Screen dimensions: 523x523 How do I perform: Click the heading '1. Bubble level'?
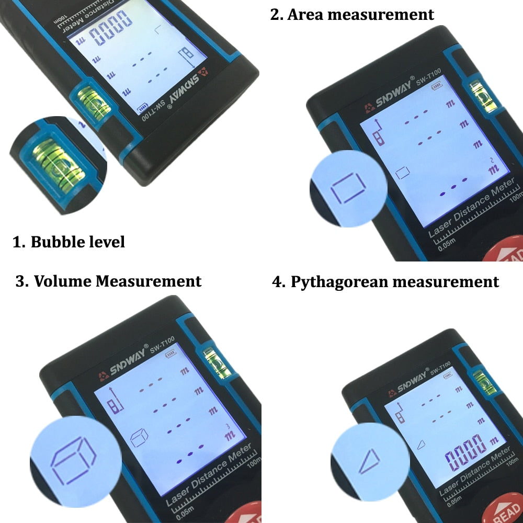pyautogui.click(x=69, y=242)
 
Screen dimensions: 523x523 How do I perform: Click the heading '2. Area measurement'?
pyautogui.click(x=352, y=14)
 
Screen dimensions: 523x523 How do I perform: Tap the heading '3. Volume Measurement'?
pyautogui.click(x=108, y=281)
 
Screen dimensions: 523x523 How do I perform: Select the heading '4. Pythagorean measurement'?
pyautogui.click(x=385, y=282)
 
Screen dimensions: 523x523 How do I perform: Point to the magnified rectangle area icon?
pyautogui.click(x=348, y=188)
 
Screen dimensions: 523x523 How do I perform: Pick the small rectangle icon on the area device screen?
pyautogui.click(x=402, y=173)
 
